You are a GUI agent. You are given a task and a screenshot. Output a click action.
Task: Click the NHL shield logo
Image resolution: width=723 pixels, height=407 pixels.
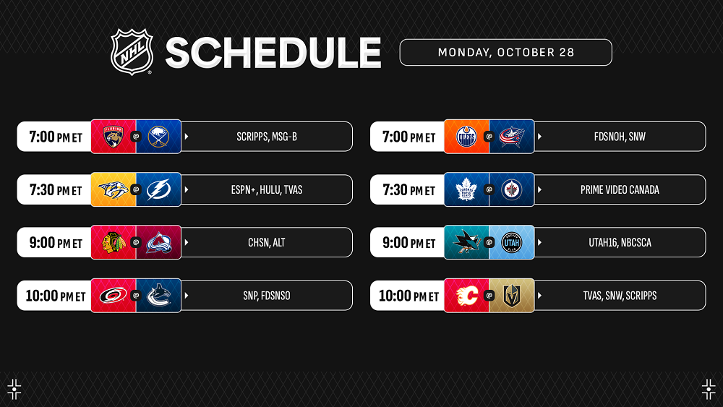[x=132, y=51]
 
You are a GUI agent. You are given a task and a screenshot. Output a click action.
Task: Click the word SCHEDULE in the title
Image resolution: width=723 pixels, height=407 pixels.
[x=273, y=53]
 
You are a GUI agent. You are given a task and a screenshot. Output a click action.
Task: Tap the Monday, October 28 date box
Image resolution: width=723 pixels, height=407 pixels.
[x=506, y=53]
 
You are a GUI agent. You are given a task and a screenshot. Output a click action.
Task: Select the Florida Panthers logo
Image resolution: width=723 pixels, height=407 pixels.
[x=113, y=137]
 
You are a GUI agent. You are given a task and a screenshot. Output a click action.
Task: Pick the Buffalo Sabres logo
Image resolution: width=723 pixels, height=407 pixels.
[x=158, y=137]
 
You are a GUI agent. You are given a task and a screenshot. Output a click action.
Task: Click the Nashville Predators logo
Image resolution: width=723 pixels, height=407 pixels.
[x=113, y=189]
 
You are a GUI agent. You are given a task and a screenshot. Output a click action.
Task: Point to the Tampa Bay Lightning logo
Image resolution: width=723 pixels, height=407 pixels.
[x=158, y=189]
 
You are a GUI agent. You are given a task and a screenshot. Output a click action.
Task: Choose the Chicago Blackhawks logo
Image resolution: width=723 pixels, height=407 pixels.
[x=114, y=242]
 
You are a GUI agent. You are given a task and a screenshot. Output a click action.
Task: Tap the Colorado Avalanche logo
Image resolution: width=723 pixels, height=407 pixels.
[x=158, y=242]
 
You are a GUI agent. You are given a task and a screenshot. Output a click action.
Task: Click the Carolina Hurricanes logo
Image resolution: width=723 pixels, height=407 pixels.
[x=113, y=296]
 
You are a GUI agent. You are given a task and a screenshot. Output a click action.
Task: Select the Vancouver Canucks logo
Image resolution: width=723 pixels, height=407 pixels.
[x=158, y=296]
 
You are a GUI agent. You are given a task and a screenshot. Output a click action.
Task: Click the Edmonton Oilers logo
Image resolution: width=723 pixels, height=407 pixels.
[x=466, y=137]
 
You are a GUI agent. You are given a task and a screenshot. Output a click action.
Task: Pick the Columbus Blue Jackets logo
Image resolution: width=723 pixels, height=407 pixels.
[x=512, y=137]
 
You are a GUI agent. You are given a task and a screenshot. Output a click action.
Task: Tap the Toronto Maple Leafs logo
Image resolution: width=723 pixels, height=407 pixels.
[x=466, y=189]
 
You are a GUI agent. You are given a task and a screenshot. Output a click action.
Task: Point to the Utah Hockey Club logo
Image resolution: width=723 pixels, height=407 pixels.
[x=512, y=242]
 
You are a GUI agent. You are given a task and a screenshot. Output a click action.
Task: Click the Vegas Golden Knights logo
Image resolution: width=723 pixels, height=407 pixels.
[x=512, y=296]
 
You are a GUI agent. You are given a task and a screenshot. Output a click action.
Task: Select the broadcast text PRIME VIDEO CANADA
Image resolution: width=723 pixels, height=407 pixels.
[x=620, y=189]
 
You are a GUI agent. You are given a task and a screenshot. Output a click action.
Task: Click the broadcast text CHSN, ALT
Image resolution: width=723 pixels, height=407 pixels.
[x=267, y=242]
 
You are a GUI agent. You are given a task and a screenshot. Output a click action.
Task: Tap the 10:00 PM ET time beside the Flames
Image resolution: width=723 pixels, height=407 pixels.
[x=408, y=296]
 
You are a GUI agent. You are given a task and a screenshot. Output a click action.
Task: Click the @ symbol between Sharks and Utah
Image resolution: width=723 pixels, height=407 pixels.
[x=489, y=242]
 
